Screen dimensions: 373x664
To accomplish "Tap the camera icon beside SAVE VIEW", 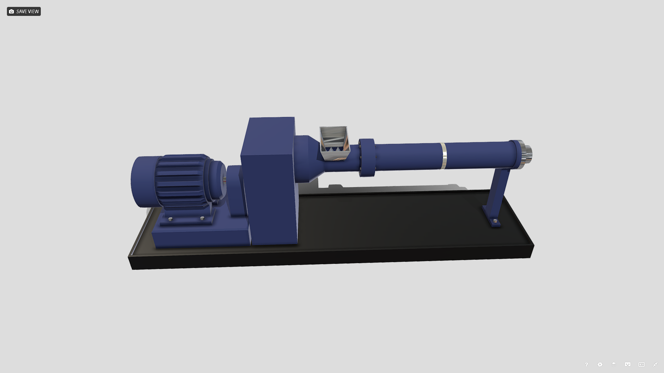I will click(x=11, y=11).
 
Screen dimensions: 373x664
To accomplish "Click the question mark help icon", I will click(x=586, y=364).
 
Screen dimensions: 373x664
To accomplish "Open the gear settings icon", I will click(x=600, y=364).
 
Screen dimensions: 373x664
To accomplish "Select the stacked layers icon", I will click(x=614, y=364).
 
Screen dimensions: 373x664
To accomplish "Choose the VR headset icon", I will click(x=628, y=364).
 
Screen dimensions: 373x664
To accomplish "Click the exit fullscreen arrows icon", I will click(x=655, y=364).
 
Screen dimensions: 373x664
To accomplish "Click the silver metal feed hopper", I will click(x=334, y=142).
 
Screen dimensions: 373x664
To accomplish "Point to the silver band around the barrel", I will click(x=443, y=156).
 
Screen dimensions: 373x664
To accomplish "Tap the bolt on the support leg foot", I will click(x=495, y=221).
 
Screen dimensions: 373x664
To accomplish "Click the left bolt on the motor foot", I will click(x=170, y=219).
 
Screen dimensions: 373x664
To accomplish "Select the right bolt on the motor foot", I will click(x=202, y=218).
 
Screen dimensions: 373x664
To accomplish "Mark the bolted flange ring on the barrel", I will click(x=367, y=157).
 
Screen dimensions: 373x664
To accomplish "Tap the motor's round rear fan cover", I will click(x=142, y=182).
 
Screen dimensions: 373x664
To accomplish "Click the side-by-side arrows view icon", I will click(x=642, y=364).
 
